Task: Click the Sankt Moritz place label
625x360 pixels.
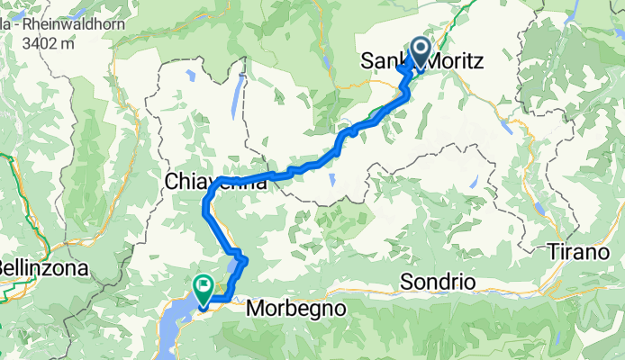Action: click(423, 62)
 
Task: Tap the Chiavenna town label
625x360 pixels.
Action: click(216, 182)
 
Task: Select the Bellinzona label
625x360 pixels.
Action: click(42, 268)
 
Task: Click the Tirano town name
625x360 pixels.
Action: click(585, 253)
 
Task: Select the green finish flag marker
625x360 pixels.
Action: click(203, 288)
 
